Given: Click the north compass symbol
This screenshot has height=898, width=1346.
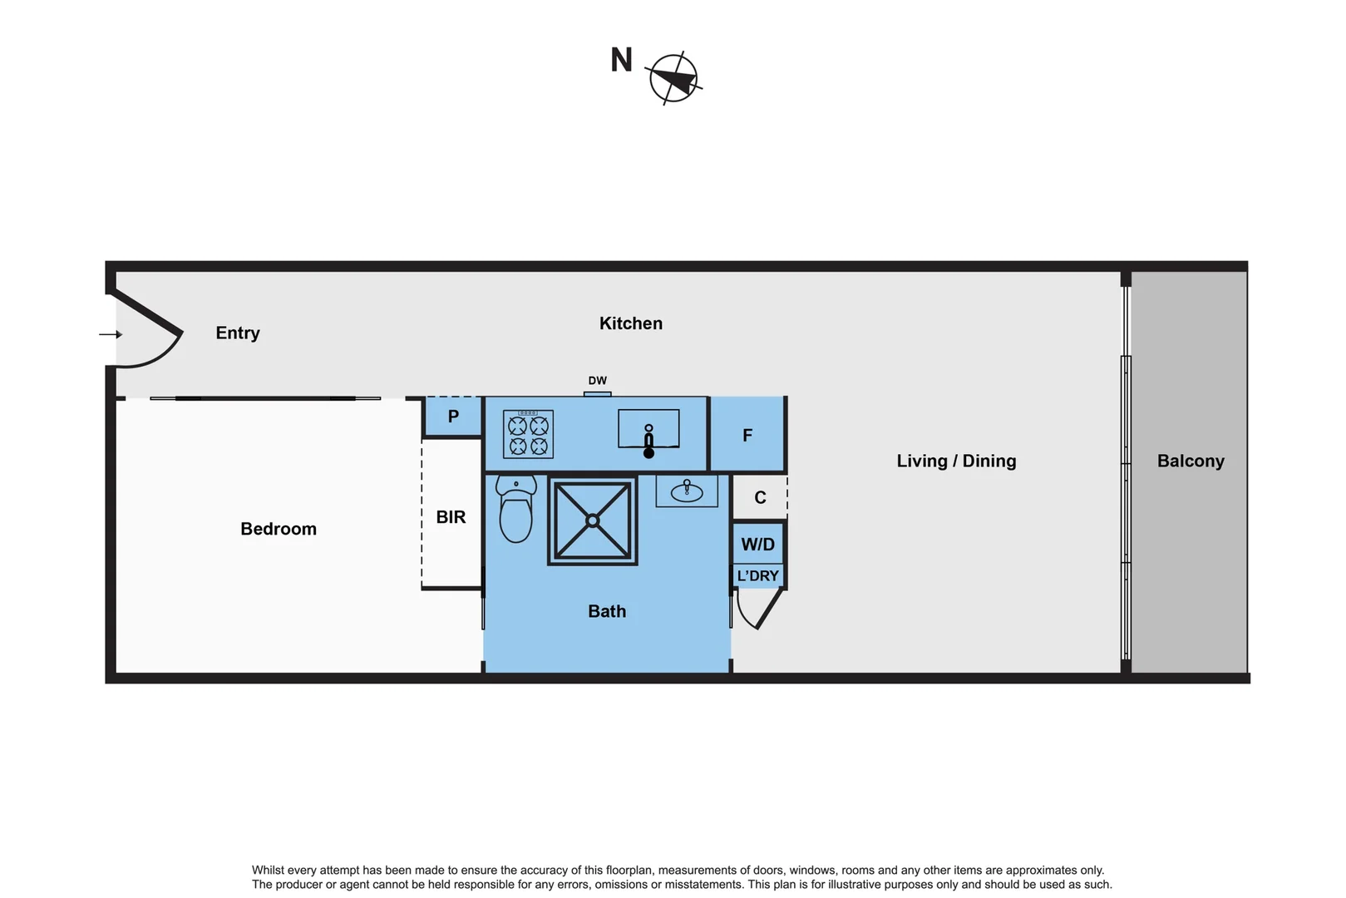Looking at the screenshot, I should point(673,79).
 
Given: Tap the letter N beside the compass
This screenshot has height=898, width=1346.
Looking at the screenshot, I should point(621,60).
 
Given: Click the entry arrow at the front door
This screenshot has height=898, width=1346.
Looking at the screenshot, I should point(111,334).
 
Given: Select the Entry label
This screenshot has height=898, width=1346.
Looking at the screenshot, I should point(238,333).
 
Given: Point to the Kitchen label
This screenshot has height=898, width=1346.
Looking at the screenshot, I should point(631,323).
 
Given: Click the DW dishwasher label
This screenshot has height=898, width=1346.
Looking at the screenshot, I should point(597,381).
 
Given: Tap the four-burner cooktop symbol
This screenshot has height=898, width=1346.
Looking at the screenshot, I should point(528,435).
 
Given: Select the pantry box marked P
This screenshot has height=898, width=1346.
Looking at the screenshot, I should point(453,417).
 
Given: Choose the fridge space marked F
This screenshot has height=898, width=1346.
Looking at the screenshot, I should point(747,435).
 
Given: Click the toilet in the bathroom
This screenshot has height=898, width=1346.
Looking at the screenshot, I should point(516,509).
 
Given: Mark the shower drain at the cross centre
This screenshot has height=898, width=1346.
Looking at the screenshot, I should point(592,521).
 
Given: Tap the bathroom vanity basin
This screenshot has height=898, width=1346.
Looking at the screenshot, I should point(687,490).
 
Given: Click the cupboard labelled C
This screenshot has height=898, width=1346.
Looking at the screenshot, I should point(760,497).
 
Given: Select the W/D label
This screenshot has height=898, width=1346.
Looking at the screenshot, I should point(757,545).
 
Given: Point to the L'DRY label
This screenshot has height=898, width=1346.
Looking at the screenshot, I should point(757,575).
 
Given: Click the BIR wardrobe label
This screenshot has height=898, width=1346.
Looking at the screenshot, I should point(451,517).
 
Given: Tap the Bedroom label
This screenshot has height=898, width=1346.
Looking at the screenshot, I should point(279,529).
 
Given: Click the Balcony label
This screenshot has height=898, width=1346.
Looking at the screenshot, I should point(1190,461).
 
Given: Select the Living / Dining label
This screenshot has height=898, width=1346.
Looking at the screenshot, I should point(956,461).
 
